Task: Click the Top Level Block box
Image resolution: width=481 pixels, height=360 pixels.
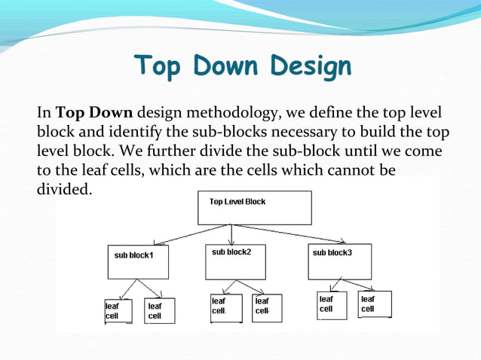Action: [x=254, y=208]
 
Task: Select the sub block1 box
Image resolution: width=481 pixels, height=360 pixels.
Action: [x=138, y=261]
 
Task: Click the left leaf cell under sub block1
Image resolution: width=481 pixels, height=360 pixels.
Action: [x=117, y=311]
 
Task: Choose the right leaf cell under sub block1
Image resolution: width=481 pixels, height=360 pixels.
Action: [x=159, y=311]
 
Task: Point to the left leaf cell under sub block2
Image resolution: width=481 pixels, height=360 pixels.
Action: [x=225, y=307]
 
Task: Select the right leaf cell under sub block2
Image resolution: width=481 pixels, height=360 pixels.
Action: [x=266, y=307]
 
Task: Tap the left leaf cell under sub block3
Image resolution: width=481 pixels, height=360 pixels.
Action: [x=332, y=305]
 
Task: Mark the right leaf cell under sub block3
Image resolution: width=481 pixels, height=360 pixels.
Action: [x=374, y=304]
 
